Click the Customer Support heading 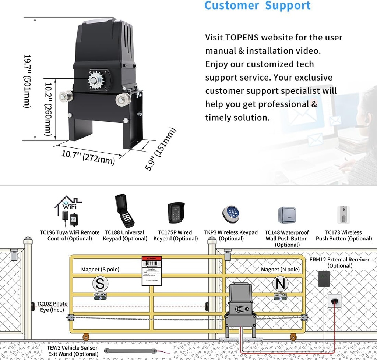click(x=257, y=6)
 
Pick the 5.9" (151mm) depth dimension click(x=160, y=149)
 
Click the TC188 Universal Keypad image click(x=124, y=211)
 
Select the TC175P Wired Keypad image click(x=176, y=213)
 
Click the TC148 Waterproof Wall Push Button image click(x=287, y=215)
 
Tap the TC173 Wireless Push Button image click(x=343, y=214)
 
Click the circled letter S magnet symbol click(x=100, y=284)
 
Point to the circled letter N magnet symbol click(x=280, y=284)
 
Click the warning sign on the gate click(x=152, y=271)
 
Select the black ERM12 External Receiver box click(x=324, y=279)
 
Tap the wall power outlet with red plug click(x=334, y=301)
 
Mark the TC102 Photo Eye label click(x=52, y=306)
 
